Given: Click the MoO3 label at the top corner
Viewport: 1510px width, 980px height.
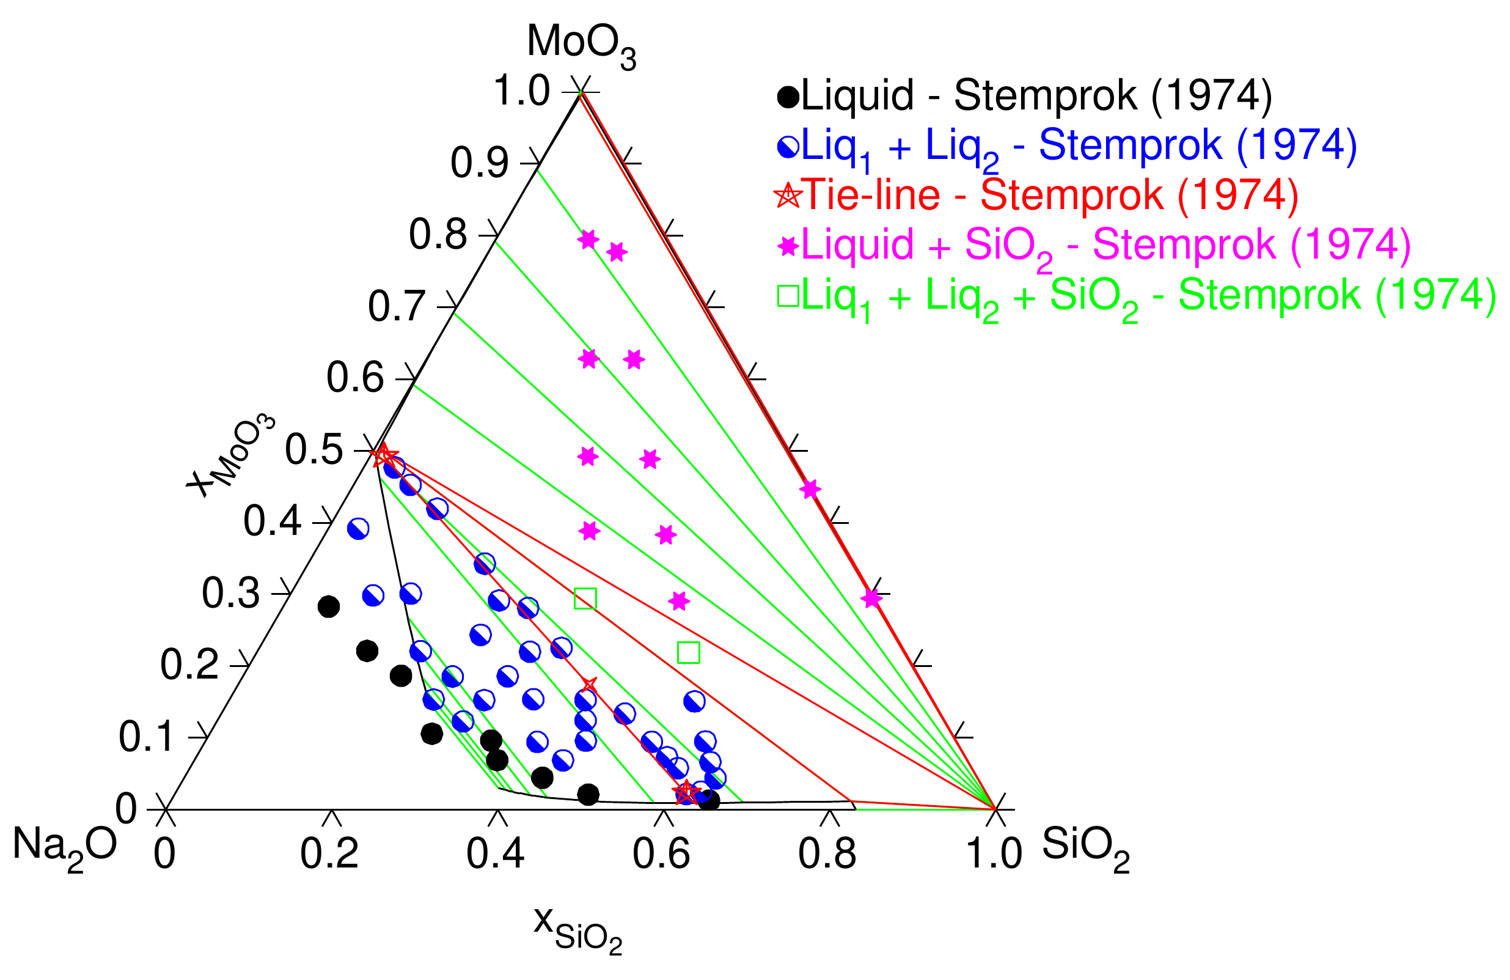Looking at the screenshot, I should [x=581, y=46].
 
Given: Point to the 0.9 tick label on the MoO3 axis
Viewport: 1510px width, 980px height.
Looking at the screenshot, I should [x=479, y=163].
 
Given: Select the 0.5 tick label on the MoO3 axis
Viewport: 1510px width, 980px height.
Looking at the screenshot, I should [x=313, y=451].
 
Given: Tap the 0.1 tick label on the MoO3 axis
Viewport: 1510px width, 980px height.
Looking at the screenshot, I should [x=146, y=737].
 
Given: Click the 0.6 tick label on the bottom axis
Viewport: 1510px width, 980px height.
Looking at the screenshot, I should [x=661, y=853].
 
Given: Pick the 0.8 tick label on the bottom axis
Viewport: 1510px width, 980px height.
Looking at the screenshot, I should [x=827, y=853].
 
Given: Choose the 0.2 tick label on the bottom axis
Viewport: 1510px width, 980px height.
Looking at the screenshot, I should [x=329, y=853].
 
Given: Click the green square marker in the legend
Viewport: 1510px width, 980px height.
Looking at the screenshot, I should [x=788, y=297].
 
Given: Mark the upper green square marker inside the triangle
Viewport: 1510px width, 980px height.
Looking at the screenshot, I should [x=585, y=599].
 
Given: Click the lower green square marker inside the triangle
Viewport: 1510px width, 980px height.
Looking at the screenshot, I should [x=688, y=652].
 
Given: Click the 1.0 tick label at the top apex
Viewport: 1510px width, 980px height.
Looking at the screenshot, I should [x=521, y=90].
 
